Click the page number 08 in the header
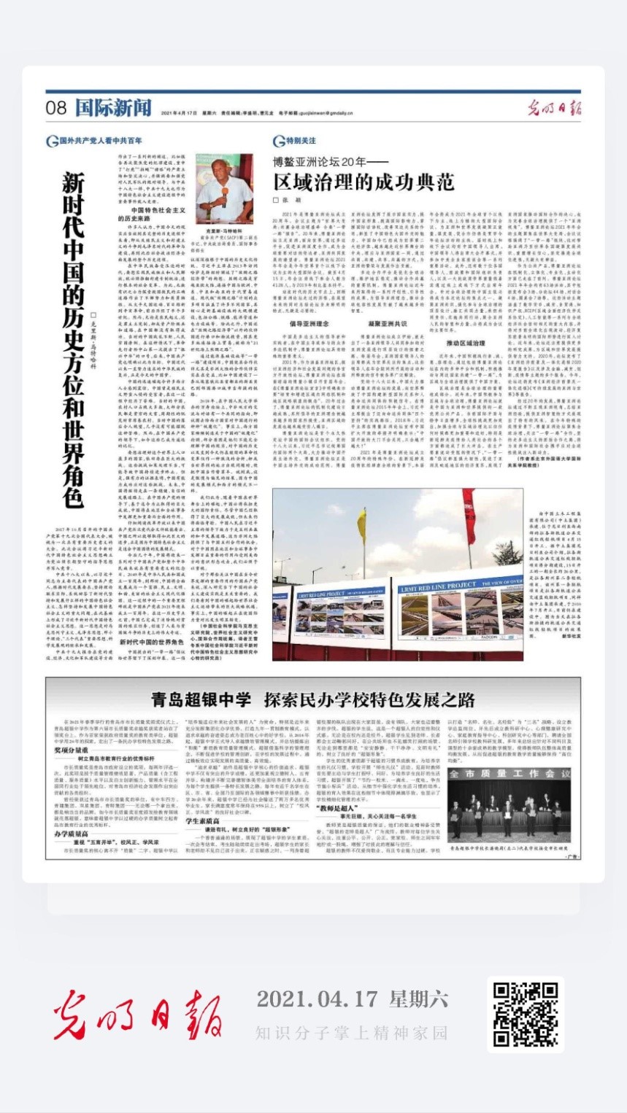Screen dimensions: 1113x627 click(x=56, y=109)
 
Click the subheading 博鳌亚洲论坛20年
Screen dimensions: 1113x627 click(x=326, y=161)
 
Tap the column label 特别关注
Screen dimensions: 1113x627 click(x=301, y=140)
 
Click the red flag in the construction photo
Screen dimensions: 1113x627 click(x=468, y=511)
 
